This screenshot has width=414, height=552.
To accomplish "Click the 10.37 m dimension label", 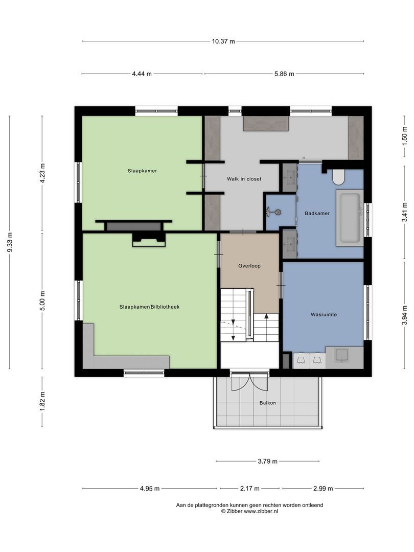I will pos(223,41).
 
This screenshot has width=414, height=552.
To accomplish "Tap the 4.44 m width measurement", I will pos(142,74).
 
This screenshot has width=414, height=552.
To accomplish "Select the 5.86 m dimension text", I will pos(284,74).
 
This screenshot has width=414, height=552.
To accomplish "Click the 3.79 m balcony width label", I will pos(267,462).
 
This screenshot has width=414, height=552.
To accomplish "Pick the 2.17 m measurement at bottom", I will pos(249,489).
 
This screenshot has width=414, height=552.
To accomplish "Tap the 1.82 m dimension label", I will pos(42,402).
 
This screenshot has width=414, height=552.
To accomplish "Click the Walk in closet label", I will pos(244,179).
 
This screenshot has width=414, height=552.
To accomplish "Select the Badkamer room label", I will pos(317,213).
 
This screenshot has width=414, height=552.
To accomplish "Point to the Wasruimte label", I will pos(324,315).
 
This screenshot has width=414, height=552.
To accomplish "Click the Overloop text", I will pos(249,266).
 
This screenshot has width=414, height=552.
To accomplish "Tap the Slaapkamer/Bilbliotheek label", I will pos(149,307).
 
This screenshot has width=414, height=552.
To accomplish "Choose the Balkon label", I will pos(267,403).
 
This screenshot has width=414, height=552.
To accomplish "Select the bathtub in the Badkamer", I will pos(350,216).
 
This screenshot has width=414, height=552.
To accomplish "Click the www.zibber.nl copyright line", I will pos(249,511).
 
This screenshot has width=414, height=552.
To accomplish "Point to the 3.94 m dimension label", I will pos(404,312).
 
